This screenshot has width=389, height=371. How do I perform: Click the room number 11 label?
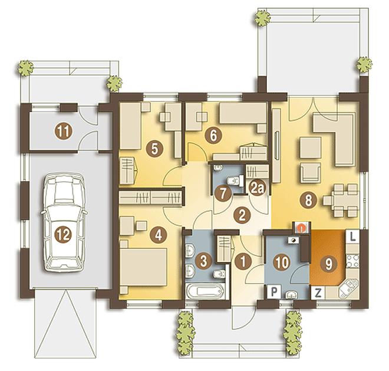pyautogui.click(x=64, y=132)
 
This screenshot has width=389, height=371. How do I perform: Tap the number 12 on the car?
pyautogui.click(x=64, y=235)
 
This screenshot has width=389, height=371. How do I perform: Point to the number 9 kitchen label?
pyautogui.click(x=329, y=264)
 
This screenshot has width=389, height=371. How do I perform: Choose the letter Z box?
pyautogui.click(x=318, y=293)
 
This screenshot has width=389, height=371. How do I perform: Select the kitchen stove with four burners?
pyautogui.click(x=352, y=261)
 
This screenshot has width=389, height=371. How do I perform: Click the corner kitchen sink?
pyautogui.click(x=348, y=288)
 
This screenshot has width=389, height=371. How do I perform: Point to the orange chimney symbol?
pyautogui.click(x=301, y=228)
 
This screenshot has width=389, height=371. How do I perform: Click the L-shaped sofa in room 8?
pyautogui.click(x=334, y=139)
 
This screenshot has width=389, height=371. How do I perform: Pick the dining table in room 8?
pyautogui.click(x=341, y=200)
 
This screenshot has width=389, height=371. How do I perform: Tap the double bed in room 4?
pyautogui.click(x=143, y=267)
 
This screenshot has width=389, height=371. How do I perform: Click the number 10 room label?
pyautogui.click(x=282, y=262)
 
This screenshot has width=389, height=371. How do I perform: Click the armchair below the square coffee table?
pyautogui.click(x=311, y=173)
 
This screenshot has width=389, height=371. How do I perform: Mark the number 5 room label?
pyautogui.click(x=154, y=149)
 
